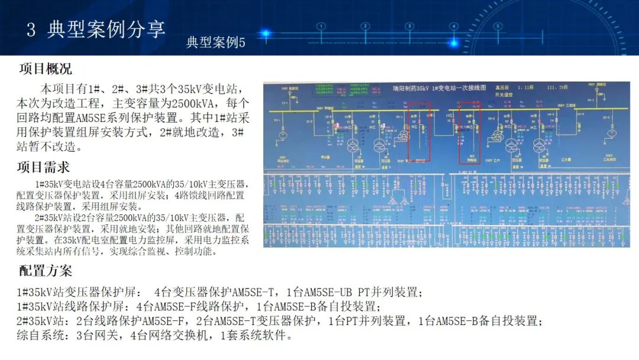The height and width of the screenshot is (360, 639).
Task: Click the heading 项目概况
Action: click(46, 69)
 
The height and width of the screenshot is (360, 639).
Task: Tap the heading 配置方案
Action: click(46, 271)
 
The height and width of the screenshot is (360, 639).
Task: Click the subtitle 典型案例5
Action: click(215, 43)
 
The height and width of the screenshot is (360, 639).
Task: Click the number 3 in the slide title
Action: click(31, 30)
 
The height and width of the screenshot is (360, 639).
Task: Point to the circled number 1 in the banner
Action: click(321, 26)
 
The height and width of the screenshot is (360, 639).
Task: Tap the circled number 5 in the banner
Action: click(498, 26)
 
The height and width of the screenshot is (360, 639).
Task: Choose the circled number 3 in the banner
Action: click(410, 26)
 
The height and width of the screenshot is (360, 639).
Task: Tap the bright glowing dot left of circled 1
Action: click(265, 34)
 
